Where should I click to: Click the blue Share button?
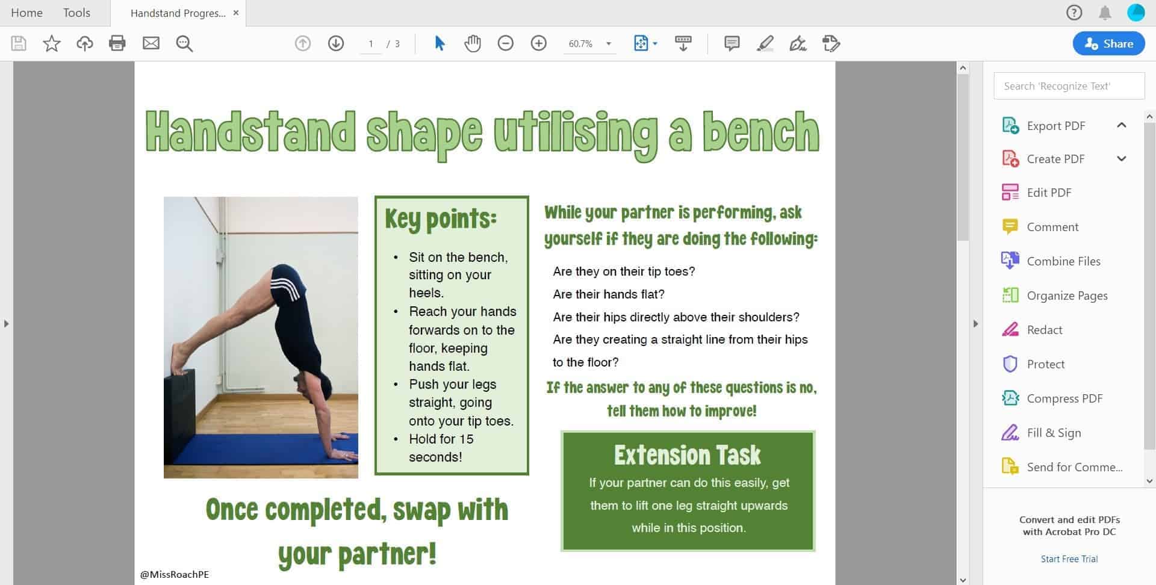click(1108, 43)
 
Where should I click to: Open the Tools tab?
click(76, 13)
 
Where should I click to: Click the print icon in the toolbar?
click(117, 43)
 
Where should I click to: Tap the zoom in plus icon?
click(538, 43)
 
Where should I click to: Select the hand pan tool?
click(473, 43)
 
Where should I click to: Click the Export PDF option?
click(1055, 126)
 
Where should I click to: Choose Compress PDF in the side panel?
click(1064, 398)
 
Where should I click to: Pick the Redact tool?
click(1045, 330)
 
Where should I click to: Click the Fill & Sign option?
click(1054, 433)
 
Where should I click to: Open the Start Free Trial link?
click(1069, 559)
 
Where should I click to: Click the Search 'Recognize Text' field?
click(1069, 86)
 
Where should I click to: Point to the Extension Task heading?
click(688, 455)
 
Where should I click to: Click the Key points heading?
click(441, 219)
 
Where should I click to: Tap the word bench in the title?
click(761, 132)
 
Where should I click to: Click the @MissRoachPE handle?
click(175, 574)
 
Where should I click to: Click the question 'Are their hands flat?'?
click(609, 294)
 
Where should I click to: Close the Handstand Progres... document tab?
click(236, 13)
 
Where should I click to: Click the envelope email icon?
click(151, 43)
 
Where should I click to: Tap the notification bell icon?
click(1105, 13)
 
